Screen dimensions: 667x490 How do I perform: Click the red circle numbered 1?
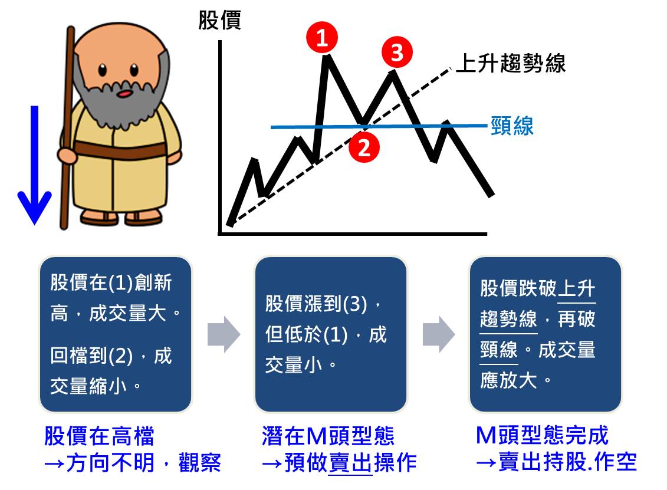click(x=322, y=37)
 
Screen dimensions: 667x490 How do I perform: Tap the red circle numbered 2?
click(x=364, y=147)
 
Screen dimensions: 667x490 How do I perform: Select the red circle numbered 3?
click(x=397, y=52)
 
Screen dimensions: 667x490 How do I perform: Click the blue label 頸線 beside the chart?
click(x=512, y=126)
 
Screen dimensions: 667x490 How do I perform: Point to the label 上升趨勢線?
click(x=511, y=63)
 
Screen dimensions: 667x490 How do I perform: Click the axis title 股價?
click(x=219, y=20)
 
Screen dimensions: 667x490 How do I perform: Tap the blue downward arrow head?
click(x=34, y=207)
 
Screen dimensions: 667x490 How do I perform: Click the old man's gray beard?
click(x=120, y=100)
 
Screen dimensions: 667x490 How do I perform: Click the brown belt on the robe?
click(x=120, y=150)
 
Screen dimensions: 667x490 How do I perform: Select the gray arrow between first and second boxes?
click(x=224, y=334)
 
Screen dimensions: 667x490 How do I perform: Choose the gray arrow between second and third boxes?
click(x=439, y=334)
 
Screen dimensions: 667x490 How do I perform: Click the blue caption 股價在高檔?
click(x=99, y=436)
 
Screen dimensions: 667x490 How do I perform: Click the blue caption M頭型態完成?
click(x=542, y=435)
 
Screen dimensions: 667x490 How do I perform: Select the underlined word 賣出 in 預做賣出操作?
click(x=350, y=462)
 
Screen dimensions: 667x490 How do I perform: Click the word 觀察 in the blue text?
click(x=200, y=462)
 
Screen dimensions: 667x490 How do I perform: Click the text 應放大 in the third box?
click(x=509, y=380)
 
